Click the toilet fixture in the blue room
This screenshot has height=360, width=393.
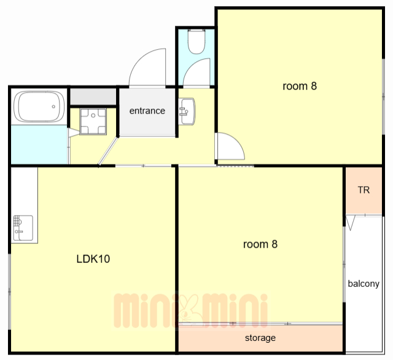click(196, 42)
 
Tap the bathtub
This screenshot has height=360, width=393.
click(39, 107)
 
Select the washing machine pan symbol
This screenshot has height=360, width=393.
click(93, 122)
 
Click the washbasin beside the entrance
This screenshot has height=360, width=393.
click(187, 111)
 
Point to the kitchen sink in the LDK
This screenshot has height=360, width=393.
click(23, 228)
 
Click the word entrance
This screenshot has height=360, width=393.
click(147, 111)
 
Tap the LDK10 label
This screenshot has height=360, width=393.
click(93, 259)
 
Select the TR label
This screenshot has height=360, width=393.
click(364, 190)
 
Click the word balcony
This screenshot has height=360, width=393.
click(364, 284)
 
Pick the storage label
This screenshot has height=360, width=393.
click(260, 338)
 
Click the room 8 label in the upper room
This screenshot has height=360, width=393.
click(300, 86)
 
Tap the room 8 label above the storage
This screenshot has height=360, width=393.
click(260, 244)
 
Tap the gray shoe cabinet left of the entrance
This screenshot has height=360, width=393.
click(93, 96)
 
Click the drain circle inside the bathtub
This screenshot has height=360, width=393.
click(53, 106)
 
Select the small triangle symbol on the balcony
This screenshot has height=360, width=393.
click(351, 223)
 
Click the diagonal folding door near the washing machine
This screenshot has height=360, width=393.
click(108, 151)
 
